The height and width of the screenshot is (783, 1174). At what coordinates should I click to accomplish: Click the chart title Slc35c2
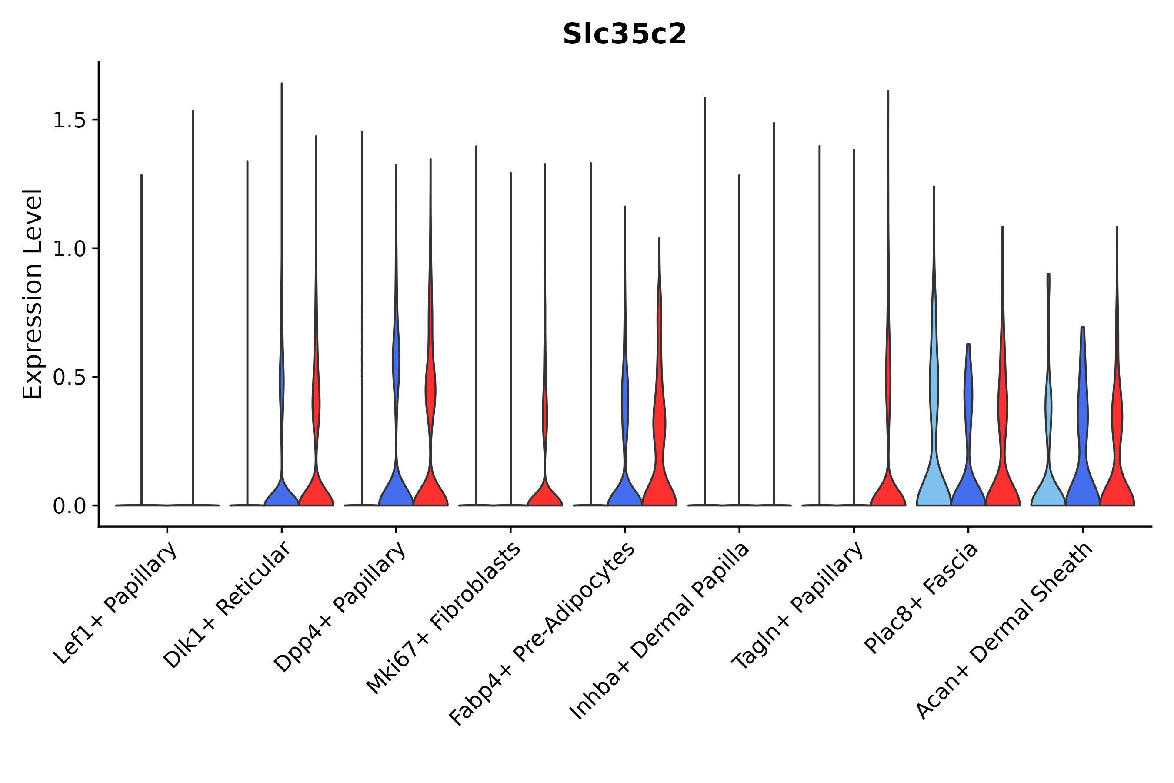point(624,34)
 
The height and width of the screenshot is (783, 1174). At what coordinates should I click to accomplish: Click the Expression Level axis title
point(33,294)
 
